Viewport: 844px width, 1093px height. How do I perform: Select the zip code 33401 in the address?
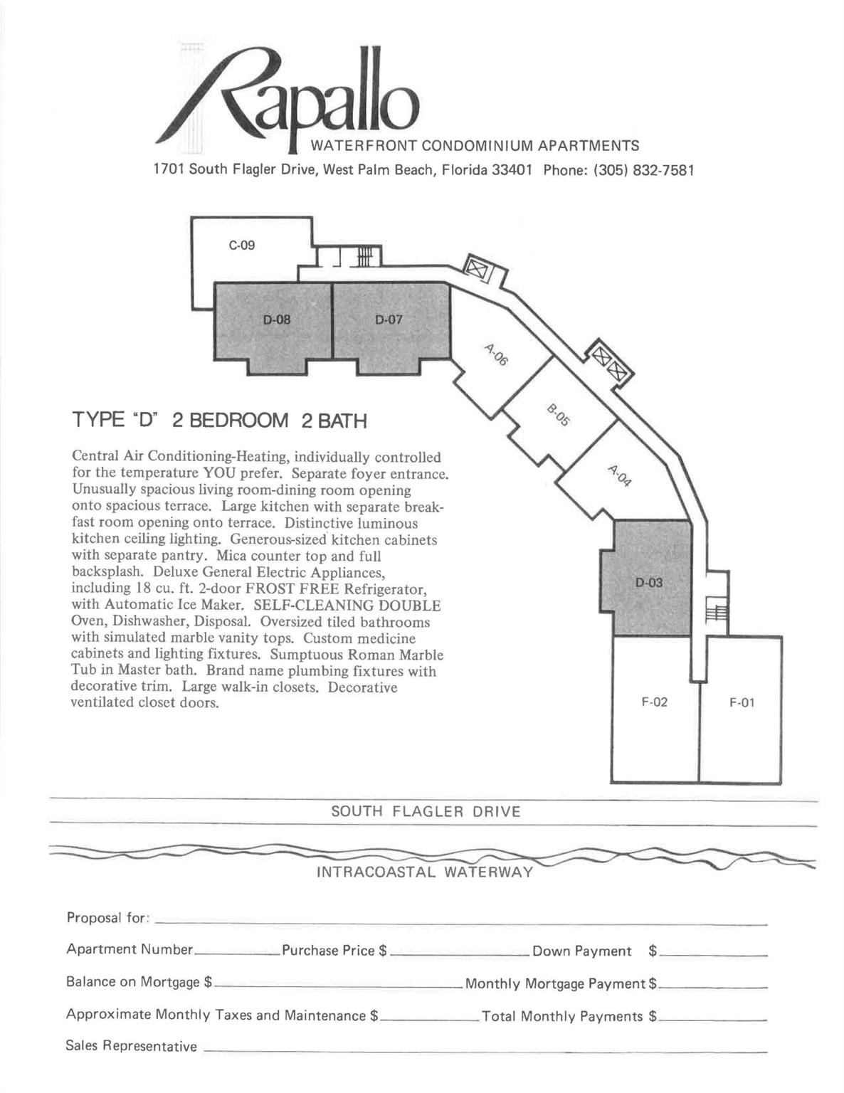[512, 171]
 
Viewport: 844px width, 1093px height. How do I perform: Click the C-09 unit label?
[241, 245]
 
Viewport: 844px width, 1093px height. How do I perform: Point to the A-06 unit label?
[496, 354]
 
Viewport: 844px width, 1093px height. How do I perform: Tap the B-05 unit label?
[559, 415]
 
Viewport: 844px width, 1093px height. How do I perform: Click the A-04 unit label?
[619, 475]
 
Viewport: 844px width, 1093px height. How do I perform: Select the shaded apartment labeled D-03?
[649, 582]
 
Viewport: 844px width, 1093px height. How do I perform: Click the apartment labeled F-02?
[654, 703]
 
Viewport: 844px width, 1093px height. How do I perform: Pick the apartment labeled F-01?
[742, 703]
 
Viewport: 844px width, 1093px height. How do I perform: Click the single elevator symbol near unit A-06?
[476, 270]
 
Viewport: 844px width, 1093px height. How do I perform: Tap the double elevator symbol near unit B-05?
[610, 361]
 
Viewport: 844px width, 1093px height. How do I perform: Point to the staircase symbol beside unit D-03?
[714, 609]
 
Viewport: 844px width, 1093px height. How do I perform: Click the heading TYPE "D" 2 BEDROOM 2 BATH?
[219, 421]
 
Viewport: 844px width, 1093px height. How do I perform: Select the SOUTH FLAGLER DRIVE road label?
[426, 811]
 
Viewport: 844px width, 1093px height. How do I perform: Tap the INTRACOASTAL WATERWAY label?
[424, 872]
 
